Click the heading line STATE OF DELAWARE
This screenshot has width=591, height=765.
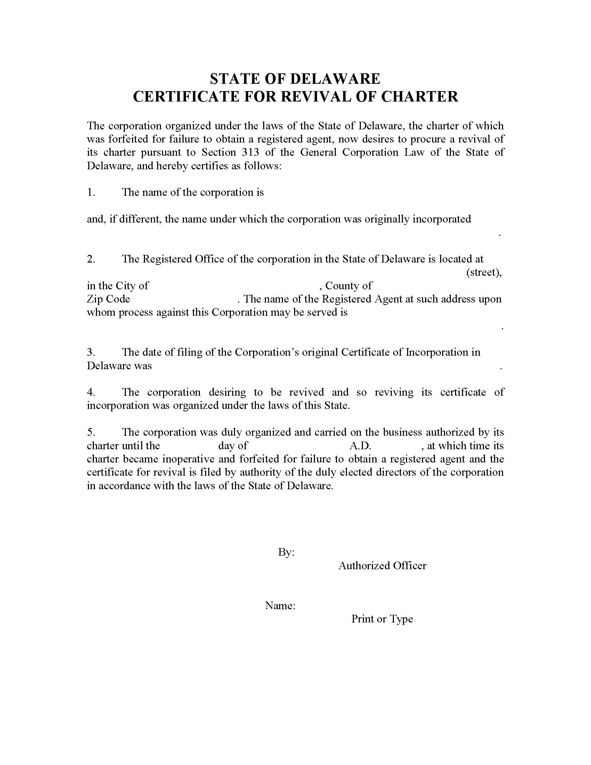click(295, 79)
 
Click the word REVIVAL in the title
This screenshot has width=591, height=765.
click(316, 96)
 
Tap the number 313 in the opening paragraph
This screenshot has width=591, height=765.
click(250, 152)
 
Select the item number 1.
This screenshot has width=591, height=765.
click(91, 192)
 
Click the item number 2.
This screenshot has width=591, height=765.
click(91, 259)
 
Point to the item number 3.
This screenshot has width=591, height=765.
click(91, 352)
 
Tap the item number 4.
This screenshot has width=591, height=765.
click(91, 392)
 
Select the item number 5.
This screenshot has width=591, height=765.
click(91, 432)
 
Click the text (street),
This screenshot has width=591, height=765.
click(484, 272)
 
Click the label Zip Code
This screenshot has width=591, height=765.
click(108, 299)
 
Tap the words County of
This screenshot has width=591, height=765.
click(348, 286)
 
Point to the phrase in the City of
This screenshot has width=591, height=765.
click(118, 286)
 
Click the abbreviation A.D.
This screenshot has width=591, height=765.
click(360, 446)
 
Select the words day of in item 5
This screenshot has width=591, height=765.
click(233, 446)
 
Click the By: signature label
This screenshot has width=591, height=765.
click(286, 553)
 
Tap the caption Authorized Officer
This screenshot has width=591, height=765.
click(382, 566)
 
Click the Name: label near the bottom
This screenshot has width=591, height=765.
click(280, 606)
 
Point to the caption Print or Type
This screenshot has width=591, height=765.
click(382, 619)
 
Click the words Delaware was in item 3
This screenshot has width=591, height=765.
click(119, 366)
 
